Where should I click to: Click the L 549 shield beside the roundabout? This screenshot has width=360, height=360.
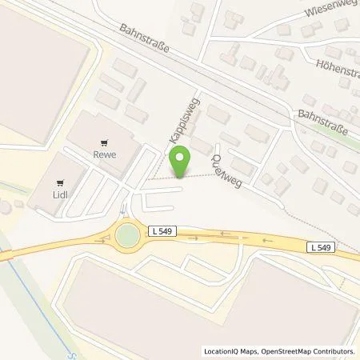[158, 231]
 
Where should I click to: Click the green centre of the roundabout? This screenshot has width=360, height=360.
[126, 235]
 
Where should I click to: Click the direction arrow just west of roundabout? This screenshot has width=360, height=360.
[104, 238]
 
